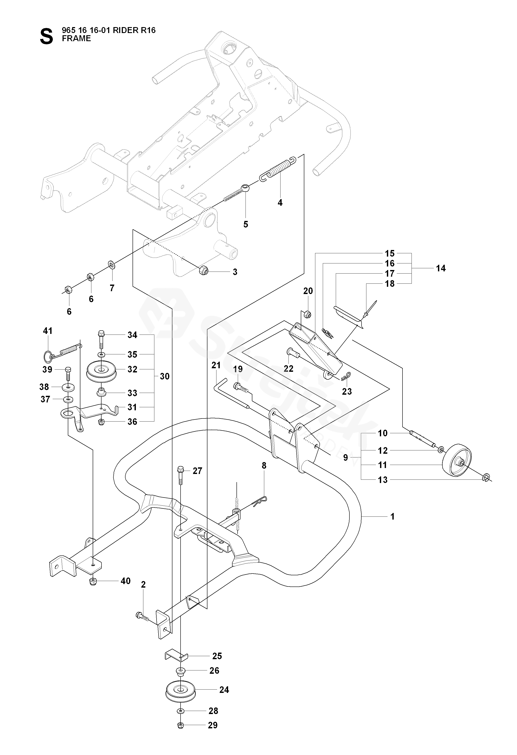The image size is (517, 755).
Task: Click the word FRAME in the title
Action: pyautogui.click(x=76, y=39)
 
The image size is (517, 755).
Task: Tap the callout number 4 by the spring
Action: pyautogui.click(x=280, y=203)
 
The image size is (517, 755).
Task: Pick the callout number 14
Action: pyautogui.click(x=441, y=268)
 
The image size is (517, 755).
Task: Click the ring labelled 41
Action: pyautogui.click(x=47, y=356)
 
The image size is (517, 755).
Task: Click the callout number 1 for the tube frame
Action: pyautogui.click(x=392, y=516)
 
